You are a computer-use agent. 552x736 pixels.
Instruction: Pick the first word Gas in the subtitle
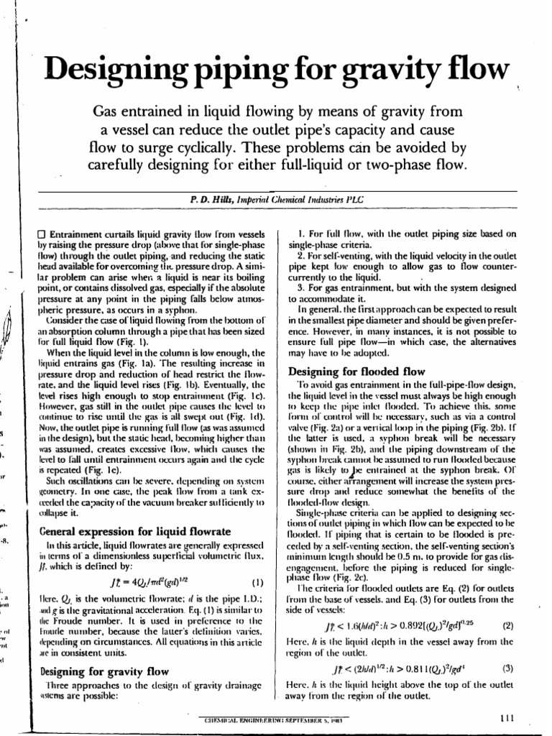point(110,111)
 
